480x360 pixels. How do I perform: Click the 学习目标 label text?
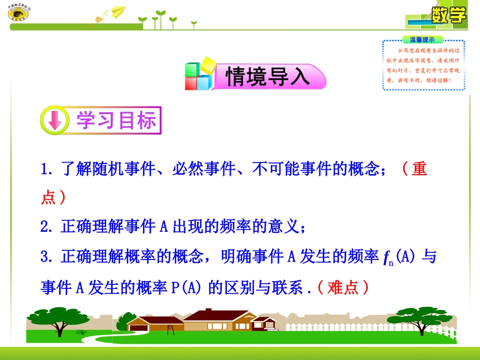click(x=116, y=121)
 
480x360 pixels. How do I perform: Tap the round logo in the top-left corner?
click(x=18, y=14)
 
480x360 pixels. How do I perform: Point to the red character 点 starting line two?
click(x=49, y=197)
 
